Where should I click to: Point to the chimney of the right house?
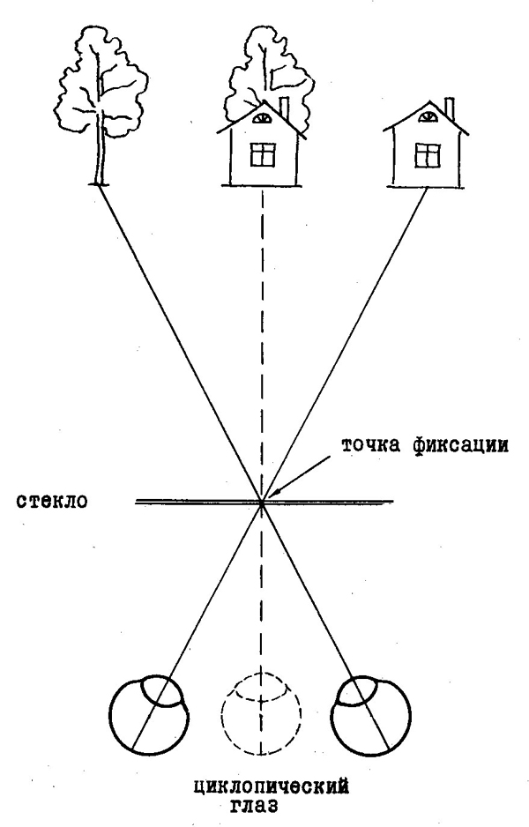click(x=450, y=108)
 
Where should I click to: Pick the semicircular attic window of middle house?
click(x=263, y=118)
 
